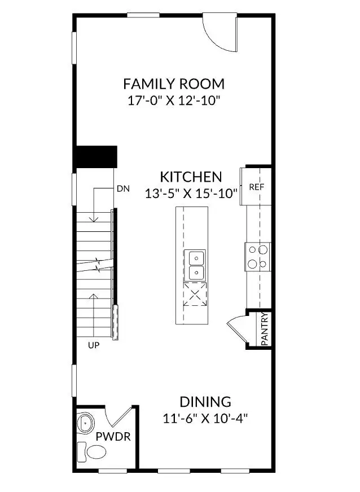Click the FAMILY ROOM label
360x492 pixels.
click(x=174, y=84)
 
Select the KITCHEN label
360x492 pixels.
click(x=191, y=176)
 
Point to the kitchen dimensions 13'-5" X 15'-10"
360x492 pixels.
click(x=191, y=193)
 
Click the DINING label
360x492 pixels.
click(x=205, y=402)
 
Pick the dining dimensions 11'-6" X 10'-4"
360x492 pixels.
click(x=205, y=419)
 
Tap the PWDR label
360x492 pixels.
click(x=113, y=437)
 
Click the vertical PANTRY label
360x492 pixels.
click(x=265, y=330)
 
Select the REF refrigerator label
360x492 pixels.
click(x=257, y=187)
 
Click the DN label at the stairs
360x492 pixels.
click(x=123, y=189)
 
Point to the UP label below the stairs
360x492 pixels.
click(x=94, y=345)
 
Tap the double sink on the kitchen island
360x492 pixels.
click(x=195, y=265)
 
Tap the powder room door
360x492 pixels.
click(x=120, y=418)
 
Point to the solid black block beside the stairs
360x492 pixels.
click(x=96, y=156)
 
